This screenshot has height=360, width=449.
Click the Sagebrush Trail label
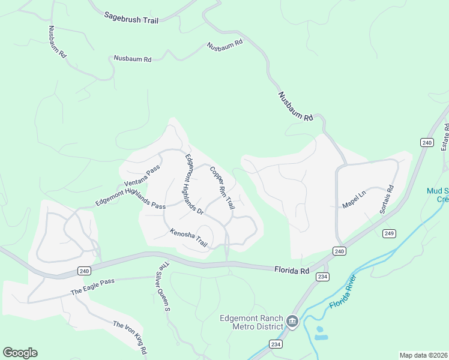pyautogui.click(x=131, y=19)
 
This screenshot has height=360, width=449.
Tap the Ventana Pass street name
pyautogui.click(x=143, y=175)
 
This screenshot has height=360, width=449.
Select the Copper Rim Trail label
pyautogui.click(x=221, y=188)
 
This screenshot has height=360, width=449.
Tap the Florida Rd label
pyautogui.click(x=292, y=271)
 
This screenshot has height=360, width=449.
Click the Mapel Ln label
pyautogui.click(x=354, y=197)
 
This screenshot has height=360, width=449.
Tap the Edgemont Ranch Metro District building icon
pyautogui.click(x=292, y=322)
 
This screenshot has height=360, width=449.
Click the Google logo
pyautogui.click(x=20, y=353)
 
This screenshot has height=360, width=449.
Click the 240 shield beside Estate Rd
pyautogui.click(x=426, y=142)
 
